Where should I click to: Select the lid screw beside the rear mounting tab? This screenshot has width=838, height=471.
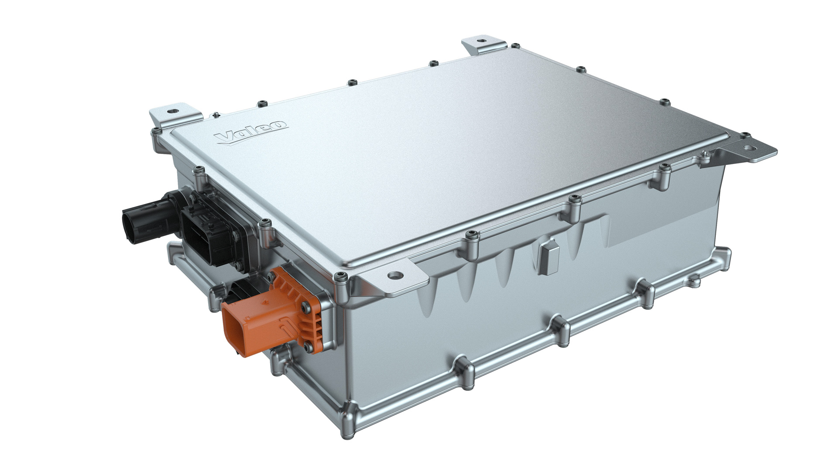point(515,45)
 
